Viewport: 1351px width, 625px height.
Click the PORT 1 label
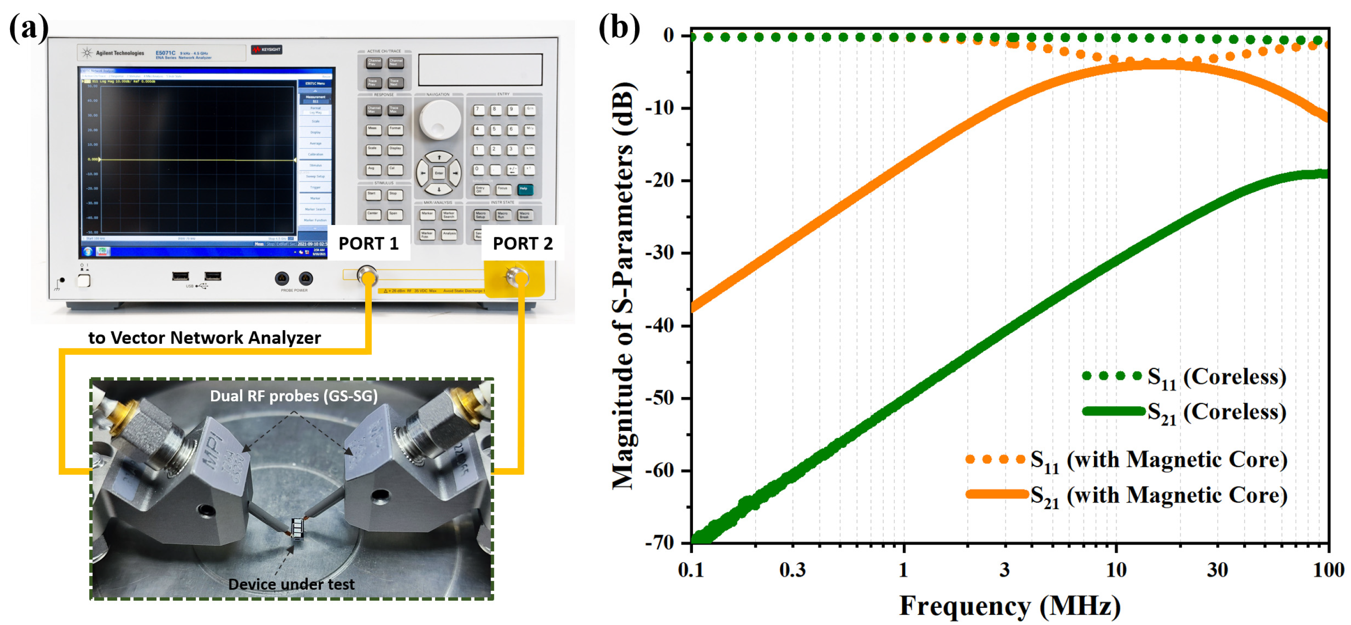[368, 244]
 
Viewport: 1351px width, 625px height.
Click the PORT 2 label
[522, 244]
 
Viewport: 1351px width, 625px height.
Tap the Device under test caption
[291, 584]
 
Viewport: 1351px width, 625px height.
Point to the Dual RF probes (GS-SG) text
[294, 396]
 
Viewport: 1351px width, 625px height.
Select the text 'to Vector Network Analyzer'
[204, 337]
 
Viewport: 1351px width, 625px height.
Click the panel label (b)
[619, 27]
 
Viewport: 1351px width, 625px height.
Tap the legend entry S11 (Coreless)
[1216, 377]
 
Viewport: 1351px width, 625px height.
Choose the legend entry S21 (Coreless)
[1216, 412]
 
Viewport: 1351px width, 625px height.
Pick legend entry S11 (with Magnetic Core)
[1158, 460]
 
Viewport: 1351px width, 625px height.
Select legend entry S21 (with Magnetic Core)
[1158, 495]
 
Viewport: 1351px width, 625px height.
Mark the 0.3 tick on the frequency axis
[792, 569]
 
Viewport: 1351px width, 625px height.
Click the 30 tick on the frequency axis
[1217, 569]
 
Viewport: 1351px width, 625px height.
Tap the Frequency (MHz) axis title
[1010, 606]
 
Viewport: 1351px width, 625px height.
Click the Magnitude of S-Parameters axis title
[624, 286]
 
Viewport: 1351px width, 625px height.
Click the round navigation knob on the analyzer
[439, 120]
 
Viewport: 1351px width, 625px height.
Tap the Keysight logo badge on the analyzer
[267, 50]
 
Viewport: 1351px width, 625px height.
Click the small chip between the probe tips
[297, 528]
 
